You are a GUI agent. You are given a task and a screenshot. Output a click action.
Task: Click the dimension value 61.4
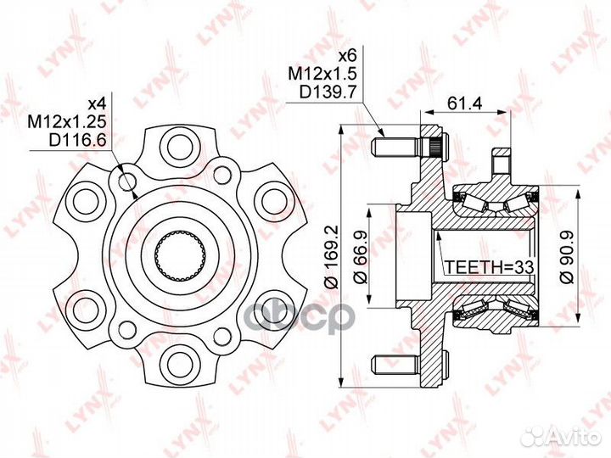pyautogui.click(x=465, y=103)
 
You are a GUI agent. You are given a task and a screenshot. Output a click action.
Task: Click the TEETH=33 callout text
pyautogui.click(x=489, y=267)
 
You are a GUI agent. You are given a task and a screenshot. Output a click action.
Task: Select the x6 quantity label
pyautogui.click(x=348, y=56)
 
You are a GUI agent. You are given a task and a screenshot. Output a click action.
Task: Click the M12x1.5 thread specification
pyautogui.click(x=322, y=74)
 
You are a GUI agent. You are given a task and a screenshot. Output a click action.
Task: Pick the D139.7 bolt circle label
pyautogui.click(x=328, y=92)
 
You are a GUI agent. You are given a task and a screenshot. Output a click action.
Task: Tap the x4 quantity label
pyautogui.click(x=97, y=103)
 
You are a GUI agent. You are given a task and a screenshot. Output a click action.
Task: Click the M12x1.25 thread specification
pyautogui.click(x=67, y=122)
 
